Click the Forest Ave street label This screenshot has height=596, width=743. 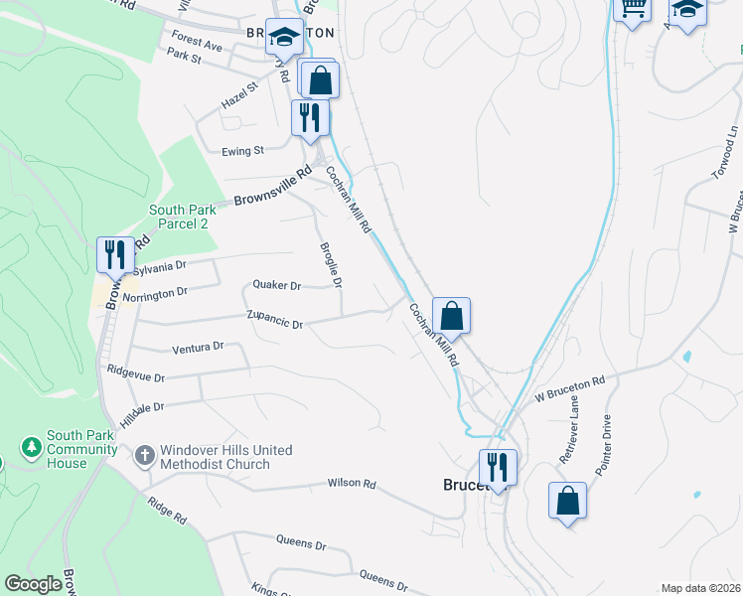tap(196, 45)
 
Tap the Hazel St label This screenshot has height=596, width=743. tap(239, 95)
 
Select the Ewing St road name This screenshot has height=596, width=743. tap(243, 151)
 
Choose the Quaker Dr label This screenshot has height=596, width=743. tap(276, 285)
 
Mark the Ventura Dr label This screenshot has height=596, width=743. tap(198, 348)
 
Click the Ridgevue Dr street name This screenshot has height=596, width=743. tap(136, 377)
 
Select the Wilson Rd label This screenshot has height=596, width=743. tap(352, 484)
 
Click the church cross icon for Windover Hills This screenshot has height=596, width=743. tap(144, 456)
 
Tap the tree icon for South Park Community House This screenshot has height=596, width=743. tap(32, 447)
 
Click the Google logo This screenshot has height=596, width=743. tap(33, 584)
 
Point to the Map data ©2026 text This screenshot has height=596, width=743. tap(700, 588)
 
